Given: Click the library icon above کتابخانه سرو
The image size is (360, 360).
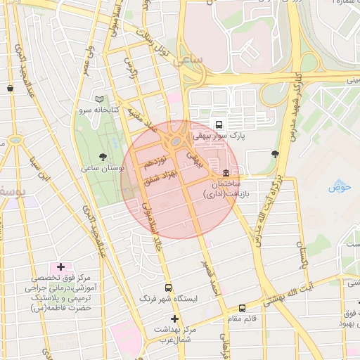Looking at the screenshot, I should pyautogui.click(x=100, y=100).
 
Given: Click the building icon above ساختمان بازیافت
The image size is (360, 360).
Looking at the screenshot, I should pyautogui.click(x=225, y=173).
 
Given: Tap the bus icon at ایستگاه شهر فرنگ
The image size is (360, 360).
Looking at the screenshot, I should pyautogui.click(x=167, y=288).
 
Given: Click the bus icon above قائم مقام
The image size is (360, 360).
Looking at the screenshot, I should pyautogui.click(x=243, y=308).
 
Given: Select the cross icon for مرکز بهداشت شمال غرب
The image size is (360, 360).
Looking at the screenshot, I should pyautogui.click(x=175, y=319).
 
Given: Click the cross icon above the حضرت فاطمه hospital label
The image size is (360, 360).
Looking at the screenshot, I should pyautogui.click(x=60, y=266).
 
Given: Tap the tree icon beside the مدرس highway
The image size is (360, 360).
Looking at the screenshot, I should pyautogui.click(x=274, y=154).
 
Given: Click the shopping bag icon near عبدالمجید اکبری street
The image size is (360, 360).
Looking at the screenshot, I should pyautogui.click(x=10, y=88).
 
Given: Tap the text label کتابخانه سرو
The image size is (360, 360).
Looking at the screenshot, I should pyautogui.click(x=112, y=111).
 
